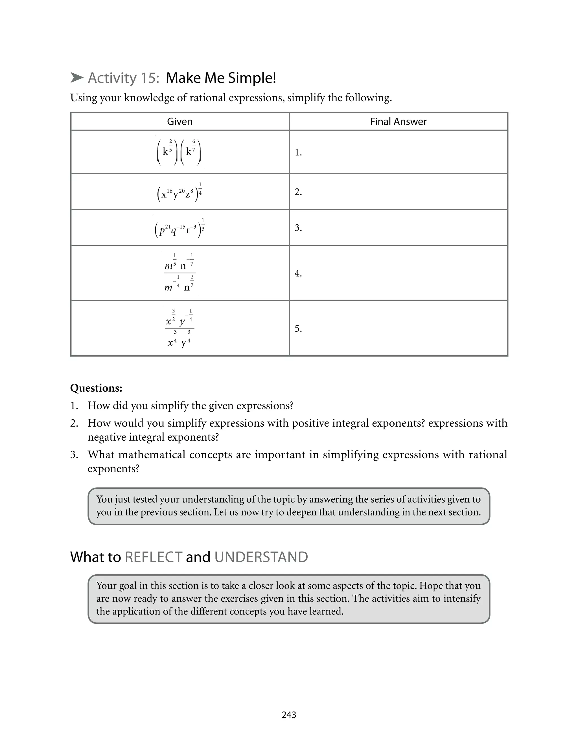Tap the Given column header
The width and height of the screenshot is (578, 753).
click(x=179, y=121)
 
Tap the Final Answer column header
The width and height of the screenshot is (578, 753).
click(x=398, y=121)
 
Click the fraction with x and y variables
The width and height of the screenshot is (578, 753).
click(x=179, y=328)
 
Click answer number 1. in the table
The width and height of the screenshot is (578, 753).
click(x=298, y=152)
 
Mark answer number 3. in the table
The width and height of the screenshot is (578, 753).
click(x=298, y=228)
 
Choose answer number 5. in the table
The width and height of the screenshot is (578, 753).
click(x=298, y=329)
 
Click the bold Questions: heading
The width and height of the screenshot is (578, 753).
click(x=96, y=388)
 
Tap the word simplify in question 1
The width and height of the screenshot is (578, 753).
click(x=170, y=405)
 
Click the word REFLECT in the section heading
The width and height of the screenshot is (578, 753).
click(x=154, y=557)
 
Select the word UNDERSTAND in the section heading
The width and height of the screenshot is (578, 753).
click(x=261, y=557)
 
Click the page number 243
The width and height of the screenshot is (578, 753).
click(x=289, y=715)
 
